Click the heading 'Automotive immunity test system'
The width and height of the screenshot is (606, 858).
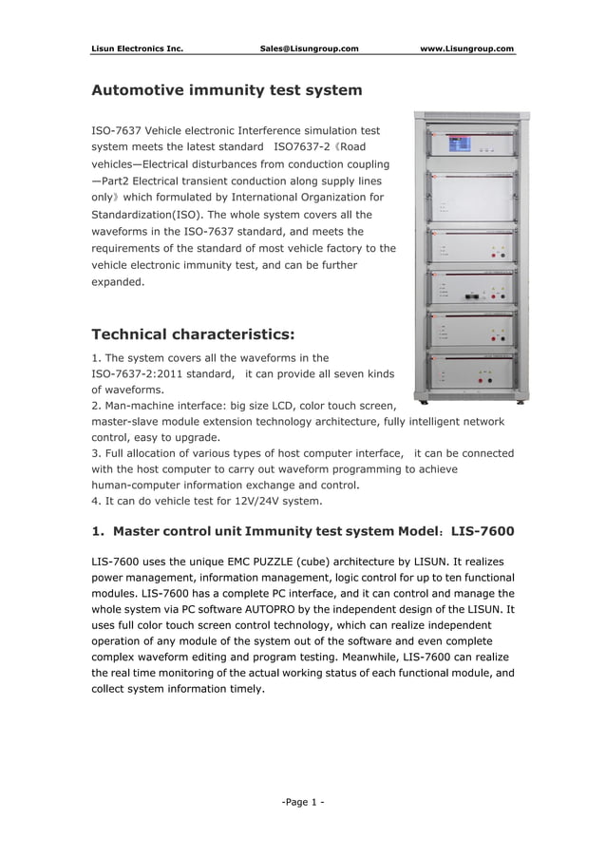(226, 91)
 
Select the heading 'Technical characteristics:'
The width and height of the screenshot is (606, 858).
(193, 334)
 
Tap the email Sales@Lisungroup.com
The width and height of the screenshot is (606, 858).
(309, 48)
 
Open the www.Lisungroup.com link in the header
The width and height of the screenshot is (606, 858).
(466, 48)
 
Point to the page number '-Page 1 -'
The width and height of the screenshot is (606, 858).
(303, 802)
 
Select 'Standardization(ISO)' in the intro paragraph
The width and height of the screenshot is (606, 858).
(139, 214)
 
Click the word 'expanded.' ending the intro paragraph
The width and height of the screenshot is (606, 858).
(116, 282)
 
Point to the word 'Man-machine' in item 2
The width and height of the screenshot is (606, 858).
(142, 406)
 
